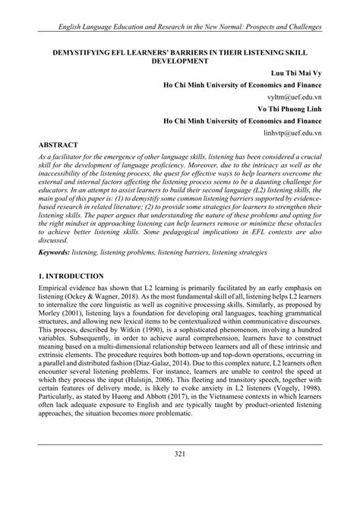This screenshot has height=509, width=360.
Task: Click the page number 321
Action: click(x=180, y=475)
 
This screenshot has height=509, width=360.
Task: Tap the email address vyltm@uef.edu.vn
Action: click(x=289, y=98)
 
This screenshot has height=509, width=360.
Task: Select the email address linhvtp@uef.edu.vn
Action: click(x=286, y=132)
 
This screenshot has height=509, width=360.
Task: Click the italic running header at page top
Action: click(x=180, y=27)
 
